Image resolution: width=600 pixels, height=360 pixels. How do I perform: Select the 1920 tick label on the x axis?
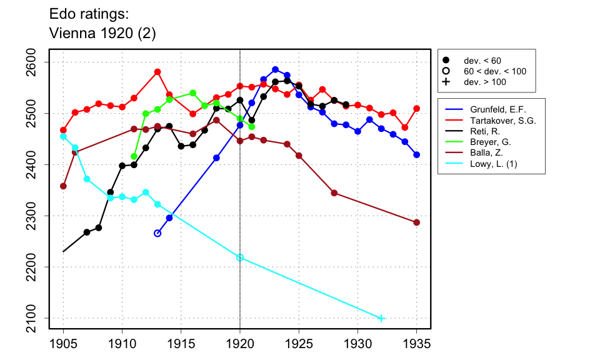click(x=240, y=343)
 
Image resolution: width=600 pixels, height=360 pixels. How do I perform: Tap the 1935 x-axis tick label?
click(x=417, y=343)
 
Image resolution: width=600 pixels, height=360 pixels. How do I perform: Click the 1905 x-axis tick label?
click(x=63, y=343)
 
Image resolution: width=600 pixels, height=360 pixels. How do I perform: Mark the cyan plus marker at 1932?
click(x=381, y=318)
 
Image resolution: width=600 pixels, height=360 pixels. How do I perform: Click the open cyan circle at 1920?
click(x=240, y=257)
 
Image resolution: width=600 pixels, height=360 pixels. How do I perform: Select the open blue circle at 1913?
click(x=157, y=233)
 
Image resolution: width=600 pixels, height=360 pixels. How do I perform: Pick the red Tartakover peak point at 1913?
click(x=157, y=72)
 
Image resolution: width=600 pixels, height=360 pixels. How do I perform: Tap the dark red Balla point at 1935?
click(x=417, y=222)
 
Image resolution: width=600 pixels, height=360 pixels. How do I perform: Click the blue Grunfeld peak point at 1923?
click(x=276, y=69)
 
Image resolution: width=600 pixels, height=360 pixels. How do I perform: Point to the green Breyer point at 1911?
click(x=134, y=156)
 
